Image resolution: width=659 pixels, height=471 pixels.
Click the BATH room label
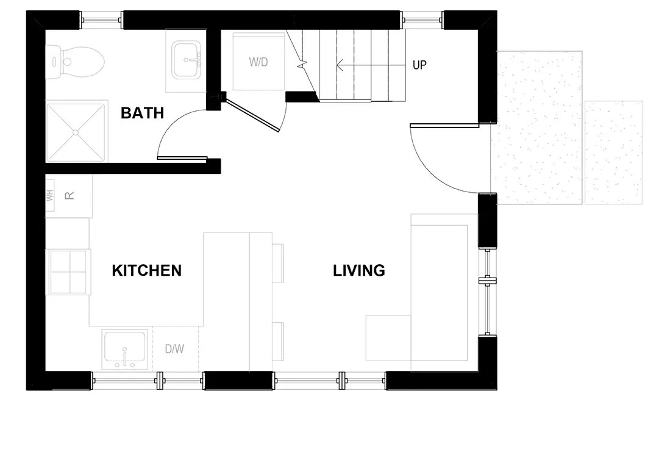coord(142,113)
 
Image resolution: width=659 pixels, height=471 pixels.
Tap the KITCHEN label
coord(147,270)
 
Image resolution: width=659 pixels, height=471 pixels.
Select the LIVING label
coord(359,270)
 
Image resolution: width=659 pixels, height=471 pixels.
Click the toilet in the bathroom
coord(75,62)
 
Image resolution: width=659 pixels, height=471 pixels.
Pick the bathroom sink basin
coord(186,60)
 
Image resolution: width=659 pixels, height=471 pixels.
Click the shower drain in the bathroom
coord(76,132)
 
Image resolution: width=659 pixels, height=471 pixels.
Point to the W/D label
coord(258,62)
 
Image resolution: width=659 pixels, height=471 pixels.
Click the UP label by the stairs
coord(419,65)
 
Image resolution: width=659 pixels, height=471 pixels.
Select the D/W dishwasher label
coord(174,348)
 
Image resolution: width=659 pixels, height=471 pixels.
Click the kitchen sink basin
coord(125,348)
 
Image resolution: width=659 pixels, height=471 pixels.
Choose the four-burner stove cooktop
coord(68,272)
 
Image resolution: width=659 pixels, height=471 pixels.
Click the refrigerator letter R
coord(69,196)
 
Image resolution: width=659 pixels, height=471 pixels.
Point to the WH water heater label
coord(50,196)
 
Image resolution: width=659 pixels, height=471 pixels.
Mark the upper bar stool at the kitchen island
coord(278,263)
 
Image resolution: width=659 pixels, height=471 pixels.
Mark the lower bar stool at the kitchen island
coord(278,341)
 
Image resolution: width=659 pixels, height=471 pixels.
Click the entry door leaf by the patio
coord(444,125)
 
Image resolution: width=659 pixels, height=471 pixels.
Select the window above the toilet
coord(101,20)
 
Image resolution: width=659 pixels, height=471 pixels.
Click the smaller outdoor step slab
coord(614,153)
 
